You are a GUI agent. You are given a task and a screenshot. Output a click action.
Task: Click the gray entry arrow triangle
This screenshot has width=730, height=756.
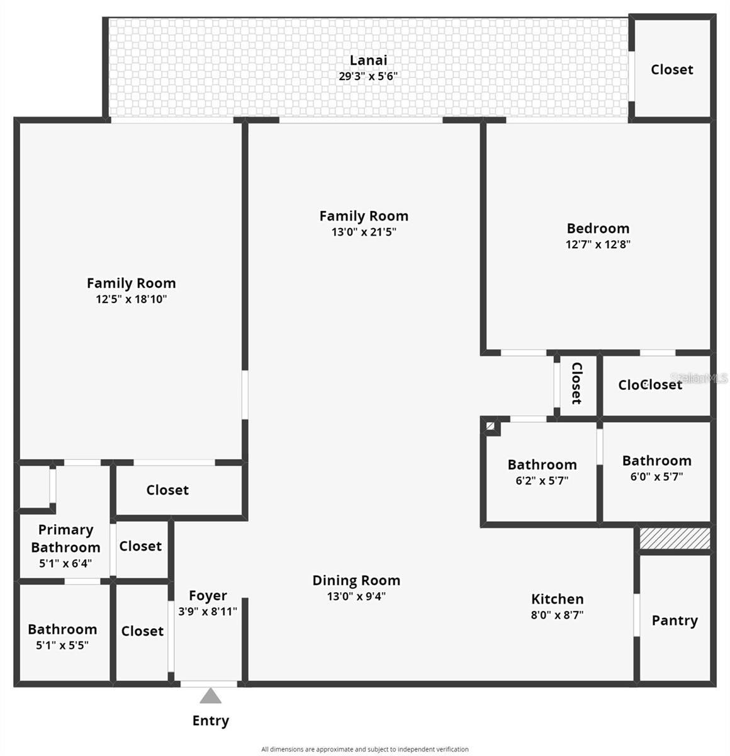(x=211, y=696)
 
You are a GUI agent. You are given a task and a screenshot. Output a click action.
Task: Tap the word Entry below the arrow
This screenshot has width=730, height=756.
(x=211, y=721)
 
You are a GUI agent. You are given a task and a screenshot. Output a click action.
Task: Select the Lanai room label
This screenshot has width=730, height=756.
(x=368, y=60)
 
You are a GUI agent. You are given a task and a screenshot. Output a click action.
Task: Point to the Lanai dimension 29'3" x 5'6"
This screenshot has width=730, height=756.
(x=368, y=76)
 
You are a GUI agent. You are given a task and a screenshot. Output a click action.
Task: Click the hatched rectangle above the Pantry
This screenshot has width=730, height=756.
(x=675, y=538)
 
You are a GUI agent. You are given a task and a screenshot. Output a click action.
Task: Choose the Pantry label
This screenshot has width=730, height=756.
(x=675, y=621)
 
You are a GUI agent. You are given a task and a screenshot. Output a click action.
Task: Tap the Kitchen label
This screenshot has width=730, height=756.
(x=557, y=599)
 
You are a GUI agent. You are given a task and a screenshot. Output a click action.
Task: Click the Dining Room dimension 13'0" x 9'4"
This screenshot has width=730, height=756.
(x=356, y=597)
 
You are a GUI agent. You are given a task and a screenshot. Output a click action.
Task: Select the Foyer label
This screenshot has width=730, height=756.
(x=208, y=595)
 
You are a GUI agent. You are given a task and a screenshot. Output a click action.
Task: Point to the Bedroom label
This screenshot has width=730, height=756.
(x=598, y=228)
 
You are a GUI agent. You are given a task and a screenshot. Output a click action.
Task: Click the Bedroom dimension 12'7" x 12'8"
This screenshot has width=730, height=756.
(x=598, y=244)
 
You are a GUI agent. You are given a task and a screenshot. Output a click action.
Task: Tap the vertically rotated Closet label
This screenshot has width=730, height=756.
(x=576, y=383)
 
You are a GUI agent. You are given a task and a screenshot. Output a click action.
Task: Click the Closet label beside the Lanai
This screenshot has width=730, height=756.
(x=671, y=69)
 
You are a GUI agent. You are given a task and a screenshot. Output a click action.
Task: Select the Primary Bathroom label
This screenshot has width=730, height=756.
(x=65, y=539)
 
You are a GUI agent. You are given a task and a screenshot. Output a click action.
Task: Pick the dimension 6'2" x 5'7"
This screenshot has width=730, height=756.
(x=542, y=481)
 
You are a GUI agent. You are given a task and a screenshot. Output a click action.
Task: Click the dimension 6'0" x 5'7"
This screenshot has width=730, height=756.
(x=656, y=477)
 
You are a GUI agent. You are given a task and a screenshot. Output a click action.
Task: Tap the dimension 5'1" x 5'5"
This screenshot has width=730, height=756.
(x=62, y=645)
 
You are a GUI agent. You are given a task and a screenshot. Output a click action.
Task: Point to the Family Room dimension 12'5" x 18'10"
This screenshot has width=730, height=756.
(x=131, y=299)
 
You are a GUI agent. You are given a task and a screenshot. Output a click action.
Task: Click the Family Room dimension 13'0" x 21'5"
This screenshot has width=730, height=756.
(x=364, y=232)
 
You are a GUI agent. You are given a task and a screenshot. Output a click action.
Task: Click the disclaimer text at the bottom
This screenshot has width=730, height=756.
(x=365, y=749)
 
